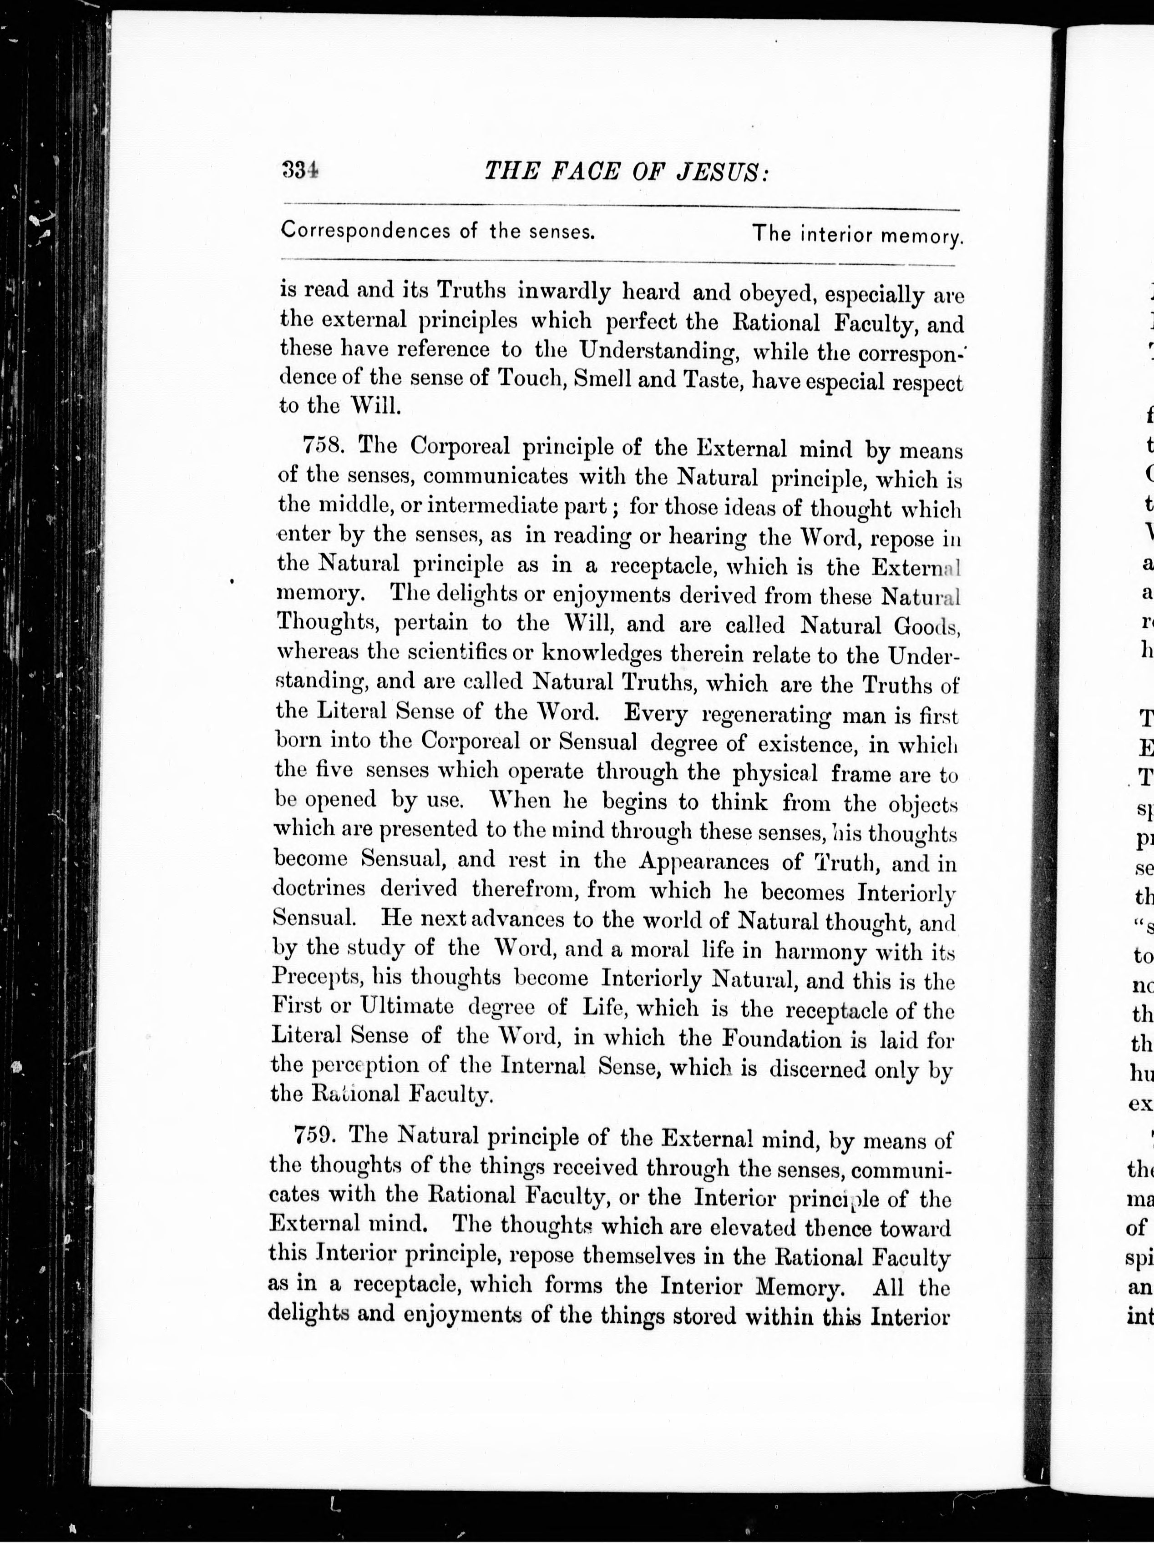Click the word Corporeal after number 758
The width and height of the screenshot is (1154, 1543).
pyautogui.click(x=461, y=444)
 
